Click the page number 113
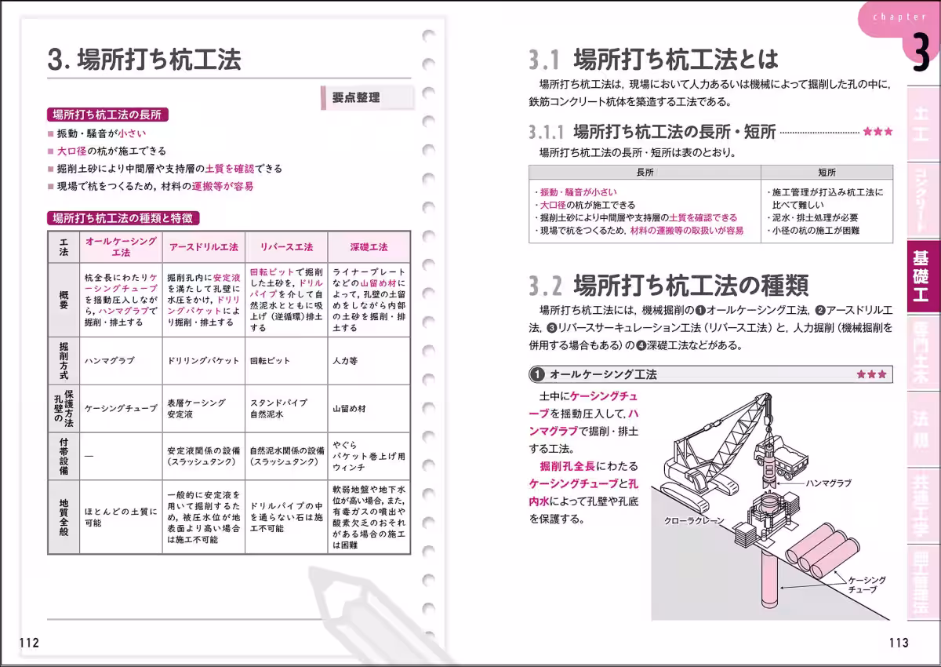tap(899, 643)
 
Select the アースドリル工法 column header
tap(204, 246)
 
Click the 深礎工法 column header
tap(369, 246)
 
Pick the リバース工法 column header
tap(286, 246)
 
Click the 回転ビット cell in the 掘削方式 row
tap(270, 361)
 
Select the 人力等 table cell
tap(344, 361)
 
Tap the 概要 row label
tap(64, 300)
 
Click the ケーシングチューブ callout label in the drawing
tap(867, 585)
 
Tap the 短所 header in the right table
tap(827, 172)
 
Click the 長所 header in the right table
tap(645, 172)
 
